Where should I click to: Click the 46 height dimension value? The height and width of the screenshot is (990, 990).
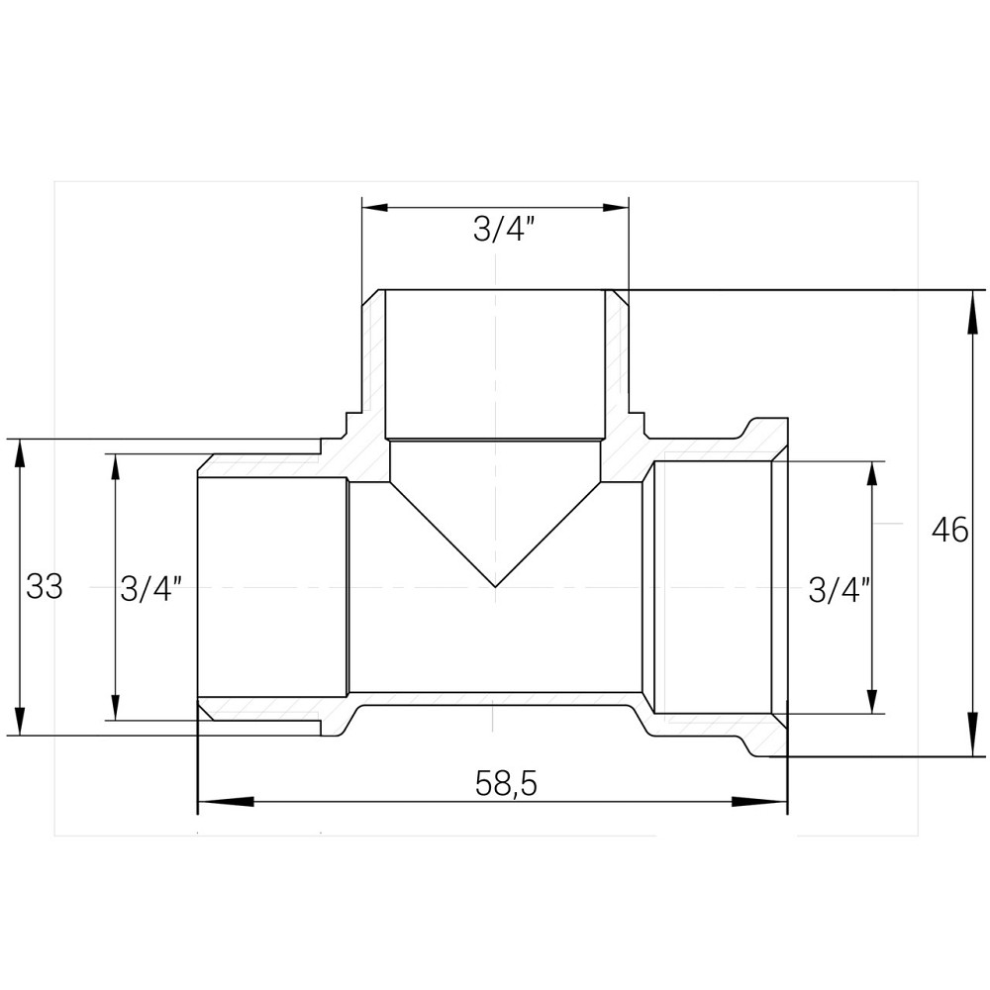tap(949, 531)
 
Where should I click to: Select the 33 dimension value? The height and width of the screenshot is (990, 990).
tap(45, 586)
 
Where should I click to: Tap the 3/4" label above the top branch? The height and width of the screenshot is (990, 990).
tap(504, 230)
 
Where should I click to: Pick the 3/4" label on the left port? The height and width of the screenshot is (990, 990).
tap(150, 589)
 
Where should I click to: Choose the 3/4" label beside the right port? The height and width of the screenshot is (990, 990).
tap(839, 590)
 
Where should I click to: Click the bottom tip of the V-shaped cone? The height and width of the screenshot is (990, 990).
tap(495, 585)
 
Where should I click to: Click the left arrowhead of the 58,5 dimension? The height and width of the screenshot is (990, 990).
tap(212, 801)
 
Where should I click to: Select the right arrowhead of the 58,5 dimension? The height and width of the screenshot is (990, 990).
tap(772, 801)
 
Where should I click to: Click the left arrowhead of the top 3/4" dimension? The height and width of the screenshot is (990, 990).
tap(376, 207)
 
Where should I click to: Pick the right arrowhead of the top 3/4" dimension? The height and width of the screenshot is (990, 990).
tap(615, 207)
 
